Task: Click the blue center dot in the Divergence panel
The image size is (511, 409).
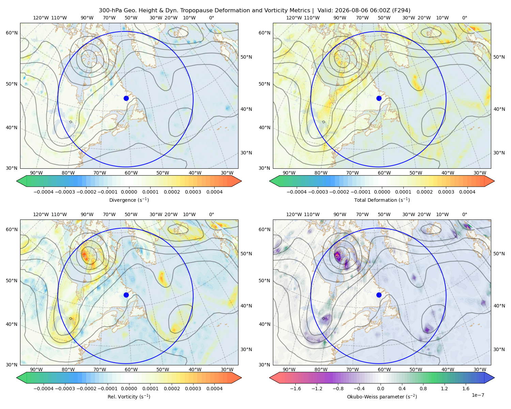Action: [x=126, y=99]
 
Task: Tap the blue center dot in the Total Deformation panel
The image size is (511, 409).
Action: [x=379, y=99]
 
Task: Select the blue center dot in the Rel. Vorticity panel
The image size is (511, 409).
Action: [x=126, y=295]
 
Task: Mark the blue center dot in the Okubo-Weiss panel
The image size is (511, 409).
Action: [x=379, y=295]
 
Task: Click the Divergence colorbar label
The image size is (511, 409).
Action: [x=129, y=200]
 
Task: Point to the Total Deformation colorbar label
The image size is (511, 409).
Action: [x=382, y=200]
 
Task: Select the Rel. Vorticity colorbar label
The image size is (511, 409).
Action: [x=129, y=397]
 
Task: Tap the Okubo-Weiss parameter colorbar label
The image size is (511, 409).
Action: [x=382, y=397]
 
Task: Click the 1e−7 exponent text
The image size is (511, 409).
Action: [x=478, y=395]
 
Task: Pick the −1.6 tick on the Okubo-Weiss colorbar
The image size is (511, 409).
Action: [x=295, y=389]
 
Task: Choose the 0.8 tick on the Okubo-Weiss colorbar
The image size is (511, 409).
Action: [x=423, y=389]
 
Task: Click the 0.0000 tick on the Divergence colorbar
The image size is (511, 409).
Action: [x=129, y=192]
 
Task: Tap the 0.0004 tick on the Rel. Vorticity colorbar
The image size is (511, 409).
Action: [x=214, y=389]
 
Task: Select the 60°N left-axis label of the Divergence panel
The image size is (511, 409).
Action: [x=12, y=33]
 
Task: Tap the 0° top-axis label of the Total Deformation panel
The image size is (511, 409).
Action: [x=464, y=18]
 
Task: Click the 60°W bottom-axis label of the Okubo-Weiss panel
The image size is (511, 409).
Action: [x=384, y=369]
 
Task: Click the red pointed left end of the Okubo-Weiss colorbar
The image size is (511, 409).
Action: [x=270, y=378]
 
